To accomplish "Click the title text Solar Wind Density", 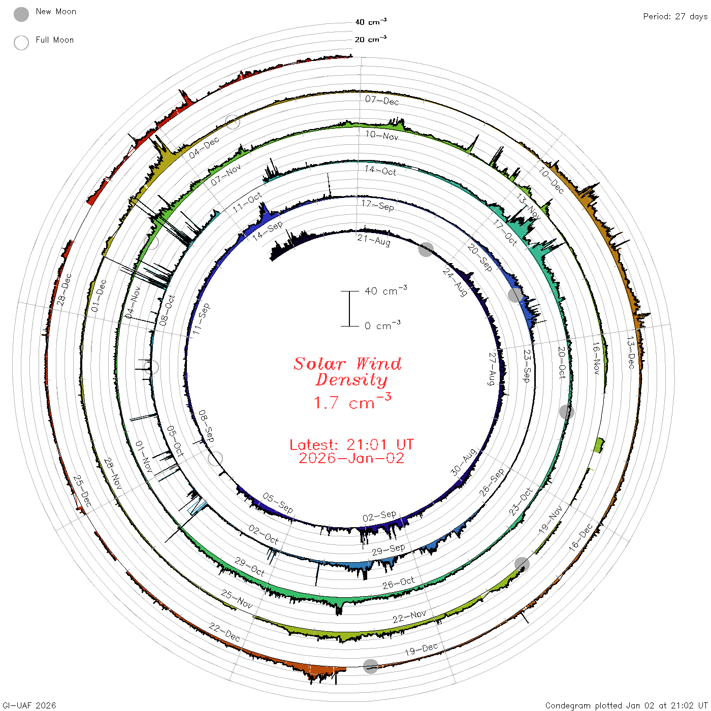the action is pos(347,372).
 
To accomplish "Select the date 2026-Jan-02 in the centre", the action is pos(351,458).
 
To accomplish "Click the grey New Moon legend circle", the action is pos(21,14).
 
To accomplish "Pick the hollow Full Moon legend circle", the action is pos(21,43).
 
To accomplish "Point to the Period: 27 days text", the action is pos(675,17).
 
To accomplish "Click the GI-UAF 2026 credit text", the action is pos(29,705).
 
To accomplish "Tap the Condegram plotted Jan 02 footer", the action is pos(627,705).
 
